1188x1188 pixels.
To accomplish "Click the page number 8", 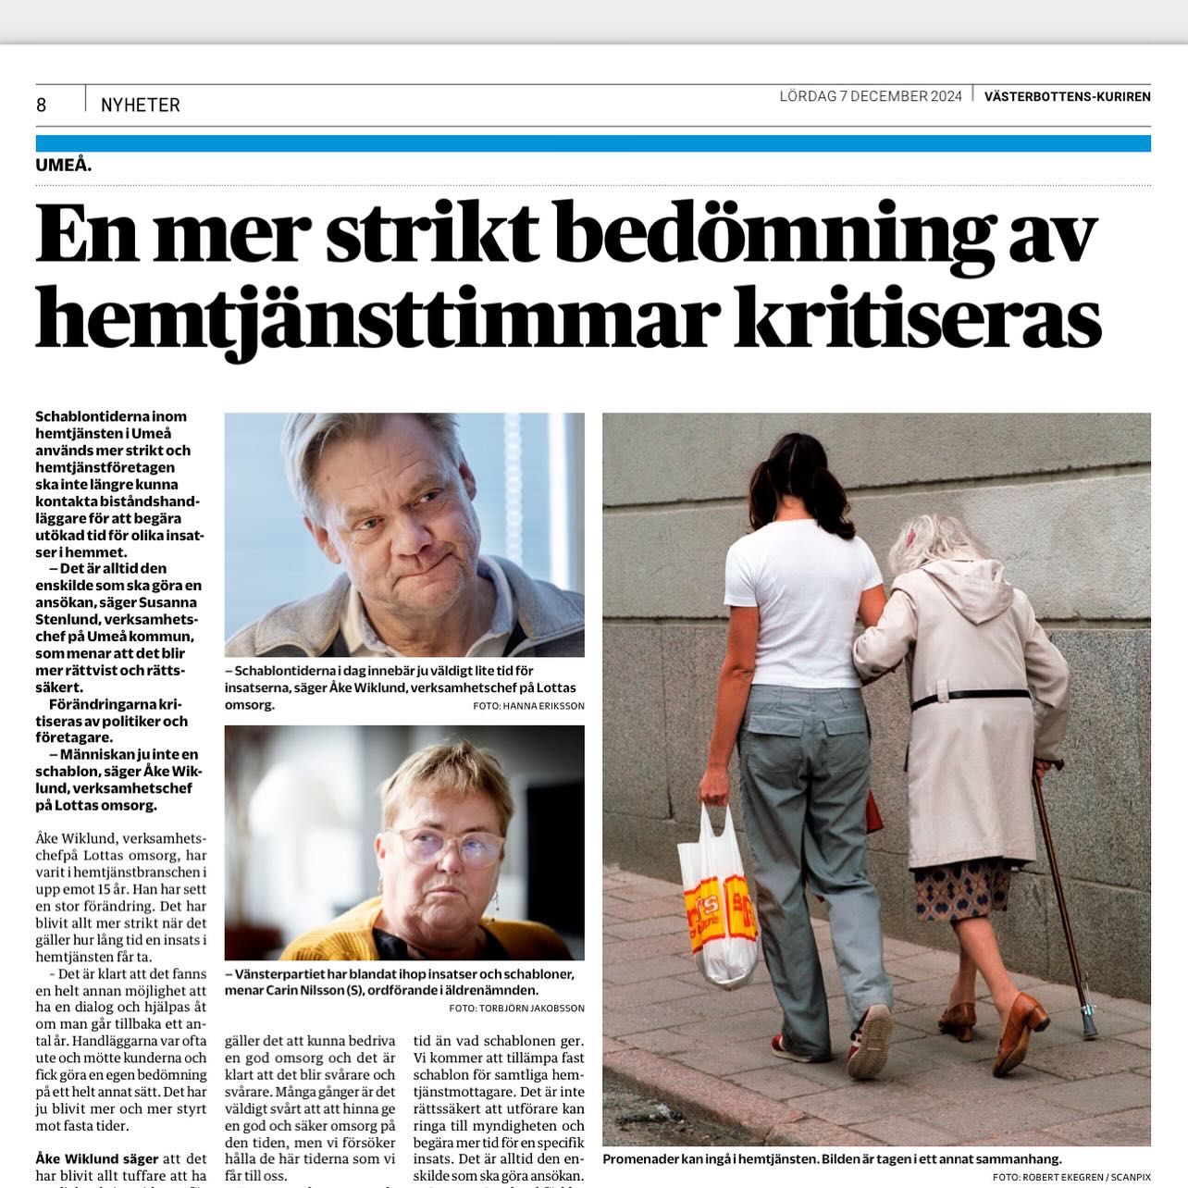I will (41, 105).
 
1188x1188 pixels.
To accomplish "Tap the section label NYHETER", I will (141, 105).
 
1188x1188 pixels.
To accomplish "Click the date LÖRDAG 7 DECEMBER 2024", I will (870, 96).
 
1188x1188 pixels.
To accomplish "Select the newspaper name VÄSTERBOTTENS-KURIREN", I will (1067, 96).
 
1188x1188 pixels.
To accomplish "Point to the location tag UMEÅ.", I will (64, 166).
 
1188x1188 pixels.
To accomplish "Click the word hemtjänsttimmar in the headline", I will (377, 317).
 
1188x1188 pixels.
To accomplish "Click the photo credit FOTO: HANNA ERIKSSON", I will (527, 706).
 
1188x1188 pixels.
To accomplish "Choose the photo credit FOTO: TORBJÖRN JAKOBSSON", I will (516, 1008).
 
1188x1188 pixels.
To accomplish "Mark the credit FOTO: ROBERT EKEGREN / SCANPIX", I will (1071, 1177).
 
